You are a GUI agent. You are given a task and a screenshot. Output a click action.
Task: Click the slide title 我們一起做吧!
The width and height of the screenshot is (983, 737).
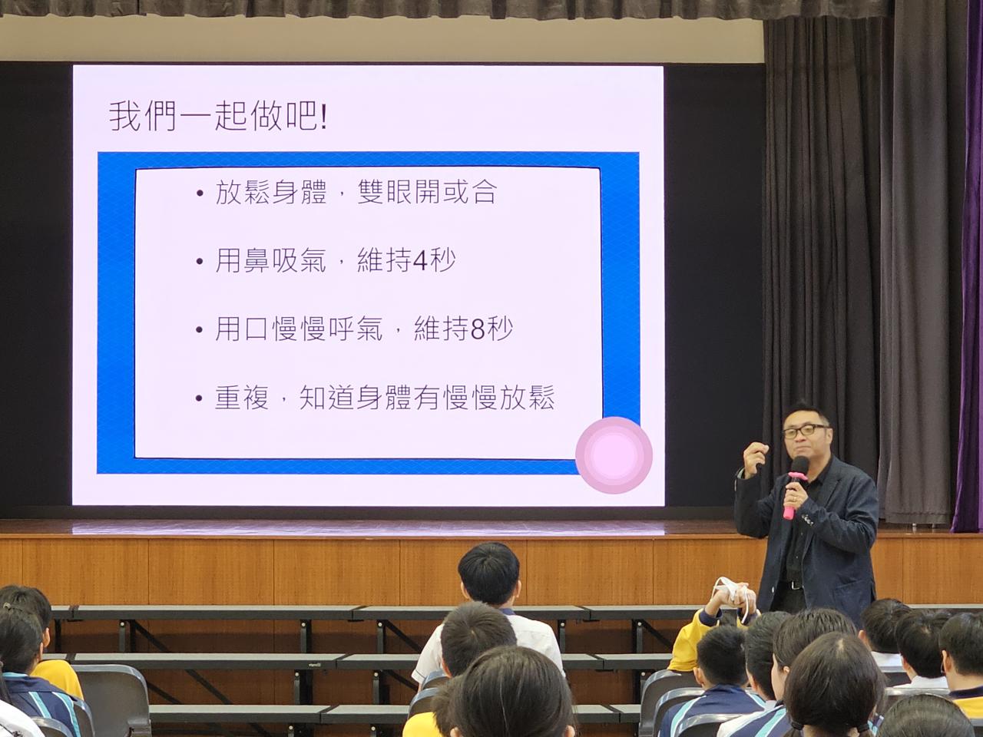[218, 117]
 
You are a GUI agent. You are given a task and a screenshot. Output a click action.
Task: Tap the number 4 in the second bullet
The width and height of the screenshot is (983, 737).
[421, 261]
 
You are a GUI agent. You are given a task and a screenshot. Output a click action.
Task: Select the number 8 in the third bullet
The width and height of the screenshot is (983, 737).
[478, 330]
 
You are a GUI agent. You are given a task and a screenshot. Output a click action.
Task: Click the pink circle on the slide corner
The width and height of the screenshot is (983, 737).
[614, 455]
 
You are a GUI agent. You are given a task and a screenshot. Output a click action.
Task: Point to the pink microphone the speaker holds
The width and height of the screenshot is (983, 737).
[793, 487]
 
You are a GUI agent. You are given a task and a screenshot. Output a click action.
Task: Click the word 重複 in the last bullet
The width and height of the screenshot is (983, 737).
[242, 398]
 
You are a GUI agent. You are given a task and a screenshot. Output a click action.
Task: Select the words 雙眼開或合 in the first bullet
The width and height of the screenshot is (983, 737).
[427, 193]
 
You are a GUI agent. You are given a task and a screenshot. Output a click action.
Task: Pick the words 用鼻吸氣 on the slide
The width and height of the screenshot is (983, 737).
[270, 261]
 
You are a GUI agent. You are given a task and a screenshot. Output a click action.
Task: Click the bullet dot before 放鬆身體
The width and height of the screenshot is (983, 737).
[200, 193]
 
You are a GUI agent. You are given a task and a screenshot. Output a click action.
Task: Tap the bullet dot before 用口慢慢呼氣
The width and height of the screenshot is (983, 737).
[200, 330]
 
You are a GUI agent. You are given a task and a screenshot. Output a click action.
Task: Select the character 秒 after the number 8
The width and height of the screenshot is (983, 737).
[500, 330]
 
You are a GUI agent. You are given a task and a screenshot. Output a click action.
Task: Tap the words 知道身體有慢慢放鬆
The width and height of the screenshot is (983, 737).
[427, 398]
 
